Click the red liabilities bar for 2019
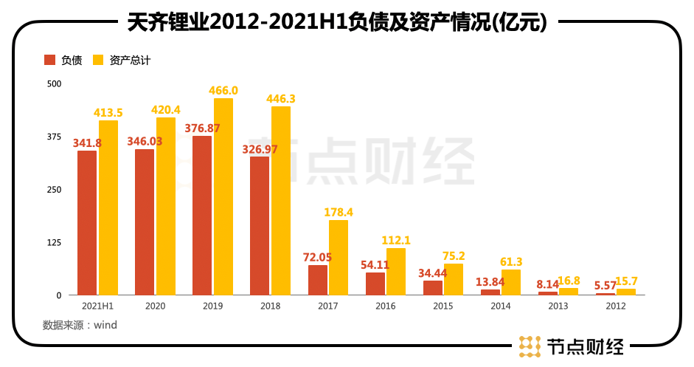coord(202,216)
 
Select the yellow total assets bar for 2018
coord(281,201)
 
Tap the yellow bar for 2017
coord(339,258)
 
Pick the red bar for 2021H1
coord(87,223)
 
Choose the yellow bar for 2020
coord(166,206)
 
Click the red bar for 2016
coord(375,284)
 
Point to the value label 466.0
coord(223,90)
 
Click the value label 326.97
coord(260,149)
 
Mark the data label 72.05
coord(318,258)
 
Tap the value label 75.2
coord(454,255)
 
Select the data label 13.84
coord(490,281)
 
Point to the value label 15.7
coord(626,281)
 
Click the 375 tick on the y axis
coord(53,137)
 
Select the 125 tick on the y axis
coord(53,242)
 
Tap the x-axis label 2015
coord(443,306)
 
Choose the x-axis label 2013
coord(558,306)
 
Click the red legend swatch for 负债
coord(50,60)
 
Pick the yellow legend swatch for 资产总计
coord(98,60)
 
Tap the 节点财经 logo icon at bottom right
coord(530,346)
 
